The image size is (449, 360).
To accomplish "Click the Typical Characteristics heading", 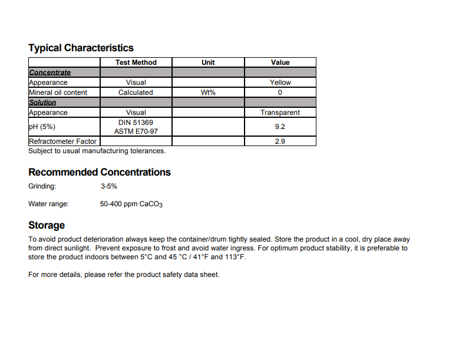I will click(x=81, y=48).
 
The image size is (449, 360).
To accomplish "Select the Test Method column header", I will click(x=136, y=62).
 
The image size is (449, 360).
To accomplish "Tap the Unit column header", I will click(x=208, y=62).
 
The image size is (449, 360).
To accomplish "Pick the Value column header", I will click(x=280, y=62).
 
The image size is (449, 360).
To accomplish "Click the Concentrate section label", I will click(x=49, y=72).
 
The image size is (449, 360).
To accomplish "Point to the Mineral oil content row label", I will click(x=58, y=93).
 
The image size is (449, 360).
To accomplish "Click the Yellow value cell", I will click(x=280, y=82).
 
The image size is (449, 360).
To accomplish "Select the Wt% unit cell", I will click(x=208, y=93).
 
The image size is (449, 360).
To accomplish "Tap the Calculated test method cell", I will click(x=136, y=93).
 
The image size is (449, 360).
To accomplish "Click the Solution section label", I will click(x=42, y=103).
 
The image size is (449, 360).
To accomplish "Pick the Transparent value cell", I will click(x=280, y=113).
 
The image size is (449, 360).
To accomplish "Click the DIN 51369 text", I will click(x=136, y=123).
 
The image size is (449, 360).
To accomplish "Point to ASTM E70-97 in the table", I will click(x=136, y=131).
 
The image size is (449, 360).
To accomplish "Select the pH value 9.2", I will click(x=280, y=127).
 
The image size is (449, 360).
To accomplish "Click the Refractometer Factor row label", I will click(x=62, y=141).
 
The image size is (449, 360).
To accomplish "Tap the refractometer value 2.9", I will click(x=280, y=141).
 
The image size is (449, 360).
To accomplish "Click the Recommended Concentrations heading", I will click(x=100, y=172).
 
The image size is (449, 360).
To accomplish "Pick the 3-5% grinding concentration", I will click(x=109, y=186).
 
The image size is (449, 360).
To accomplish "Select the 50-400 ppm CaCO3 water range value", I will click(x=131, y=204).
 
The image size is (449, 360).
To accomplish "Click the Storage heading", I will click(x=47, y=225).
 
